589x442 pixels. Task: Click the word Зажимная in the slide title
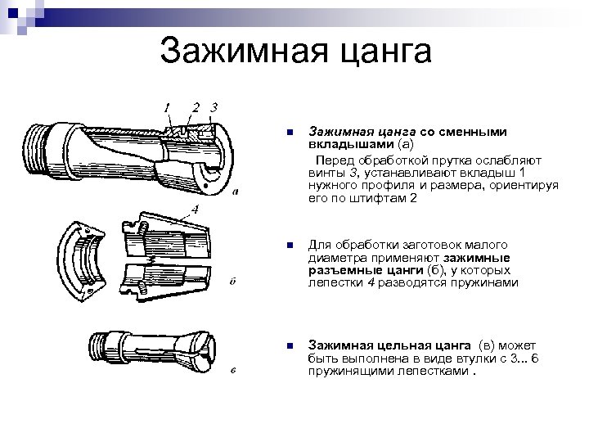click(244, 51)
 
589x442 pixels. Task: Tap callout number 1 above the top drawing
click(167, 108)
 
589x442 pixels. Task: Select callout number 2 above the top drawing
click(196, 108)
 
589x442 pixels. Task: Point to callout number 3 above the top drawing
click(214, 107)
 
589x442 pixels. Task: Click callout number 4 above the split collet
click(195, 210)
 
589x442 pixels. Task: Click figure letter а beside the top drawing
click(236, 192)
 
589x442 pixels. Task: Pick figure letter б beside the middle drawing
click(232, 281)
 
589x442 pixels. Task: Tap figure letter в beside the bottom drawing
click(233, 370)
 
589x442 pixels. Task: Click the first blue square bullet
click(290, 133)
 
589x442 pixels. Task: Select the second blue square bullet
click(290, 246)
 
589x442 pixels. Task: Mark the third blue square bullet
click(290, 345)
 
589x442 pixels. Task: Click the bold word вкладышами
click(351, 144)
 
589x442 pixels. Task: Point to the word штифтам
click(377, 198)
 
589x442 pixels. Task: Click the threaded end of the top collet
click(36, 151)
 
